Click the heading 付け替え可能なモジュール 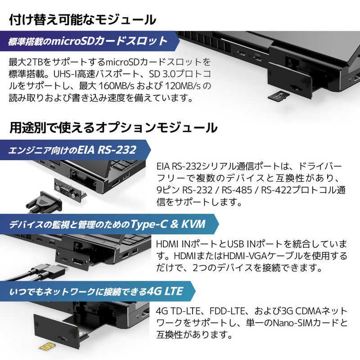[83, 20]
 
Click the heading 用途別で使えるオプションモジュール [113, 128]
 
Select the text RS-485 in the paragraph [237, 190]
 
